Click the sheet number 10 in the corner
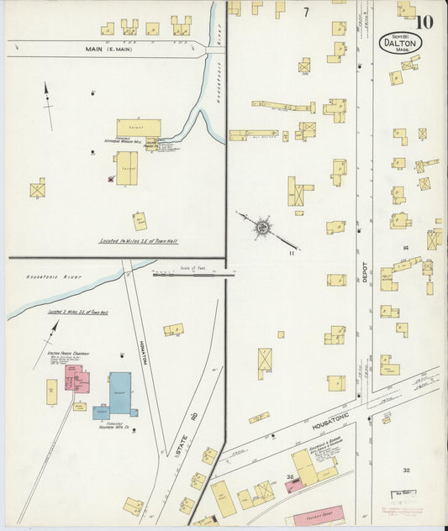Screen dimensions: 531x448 click(x=424, y=21)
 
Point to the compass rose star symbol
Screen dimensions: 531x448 click(x=263, y=225)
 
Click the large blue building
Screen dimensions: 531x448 click(x=120, y=392)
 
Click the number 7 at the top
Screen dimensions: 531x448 click(x=306, y=12)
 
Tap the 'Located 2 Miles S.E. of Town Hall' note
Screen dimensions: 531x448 click(x=77, y=313)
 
